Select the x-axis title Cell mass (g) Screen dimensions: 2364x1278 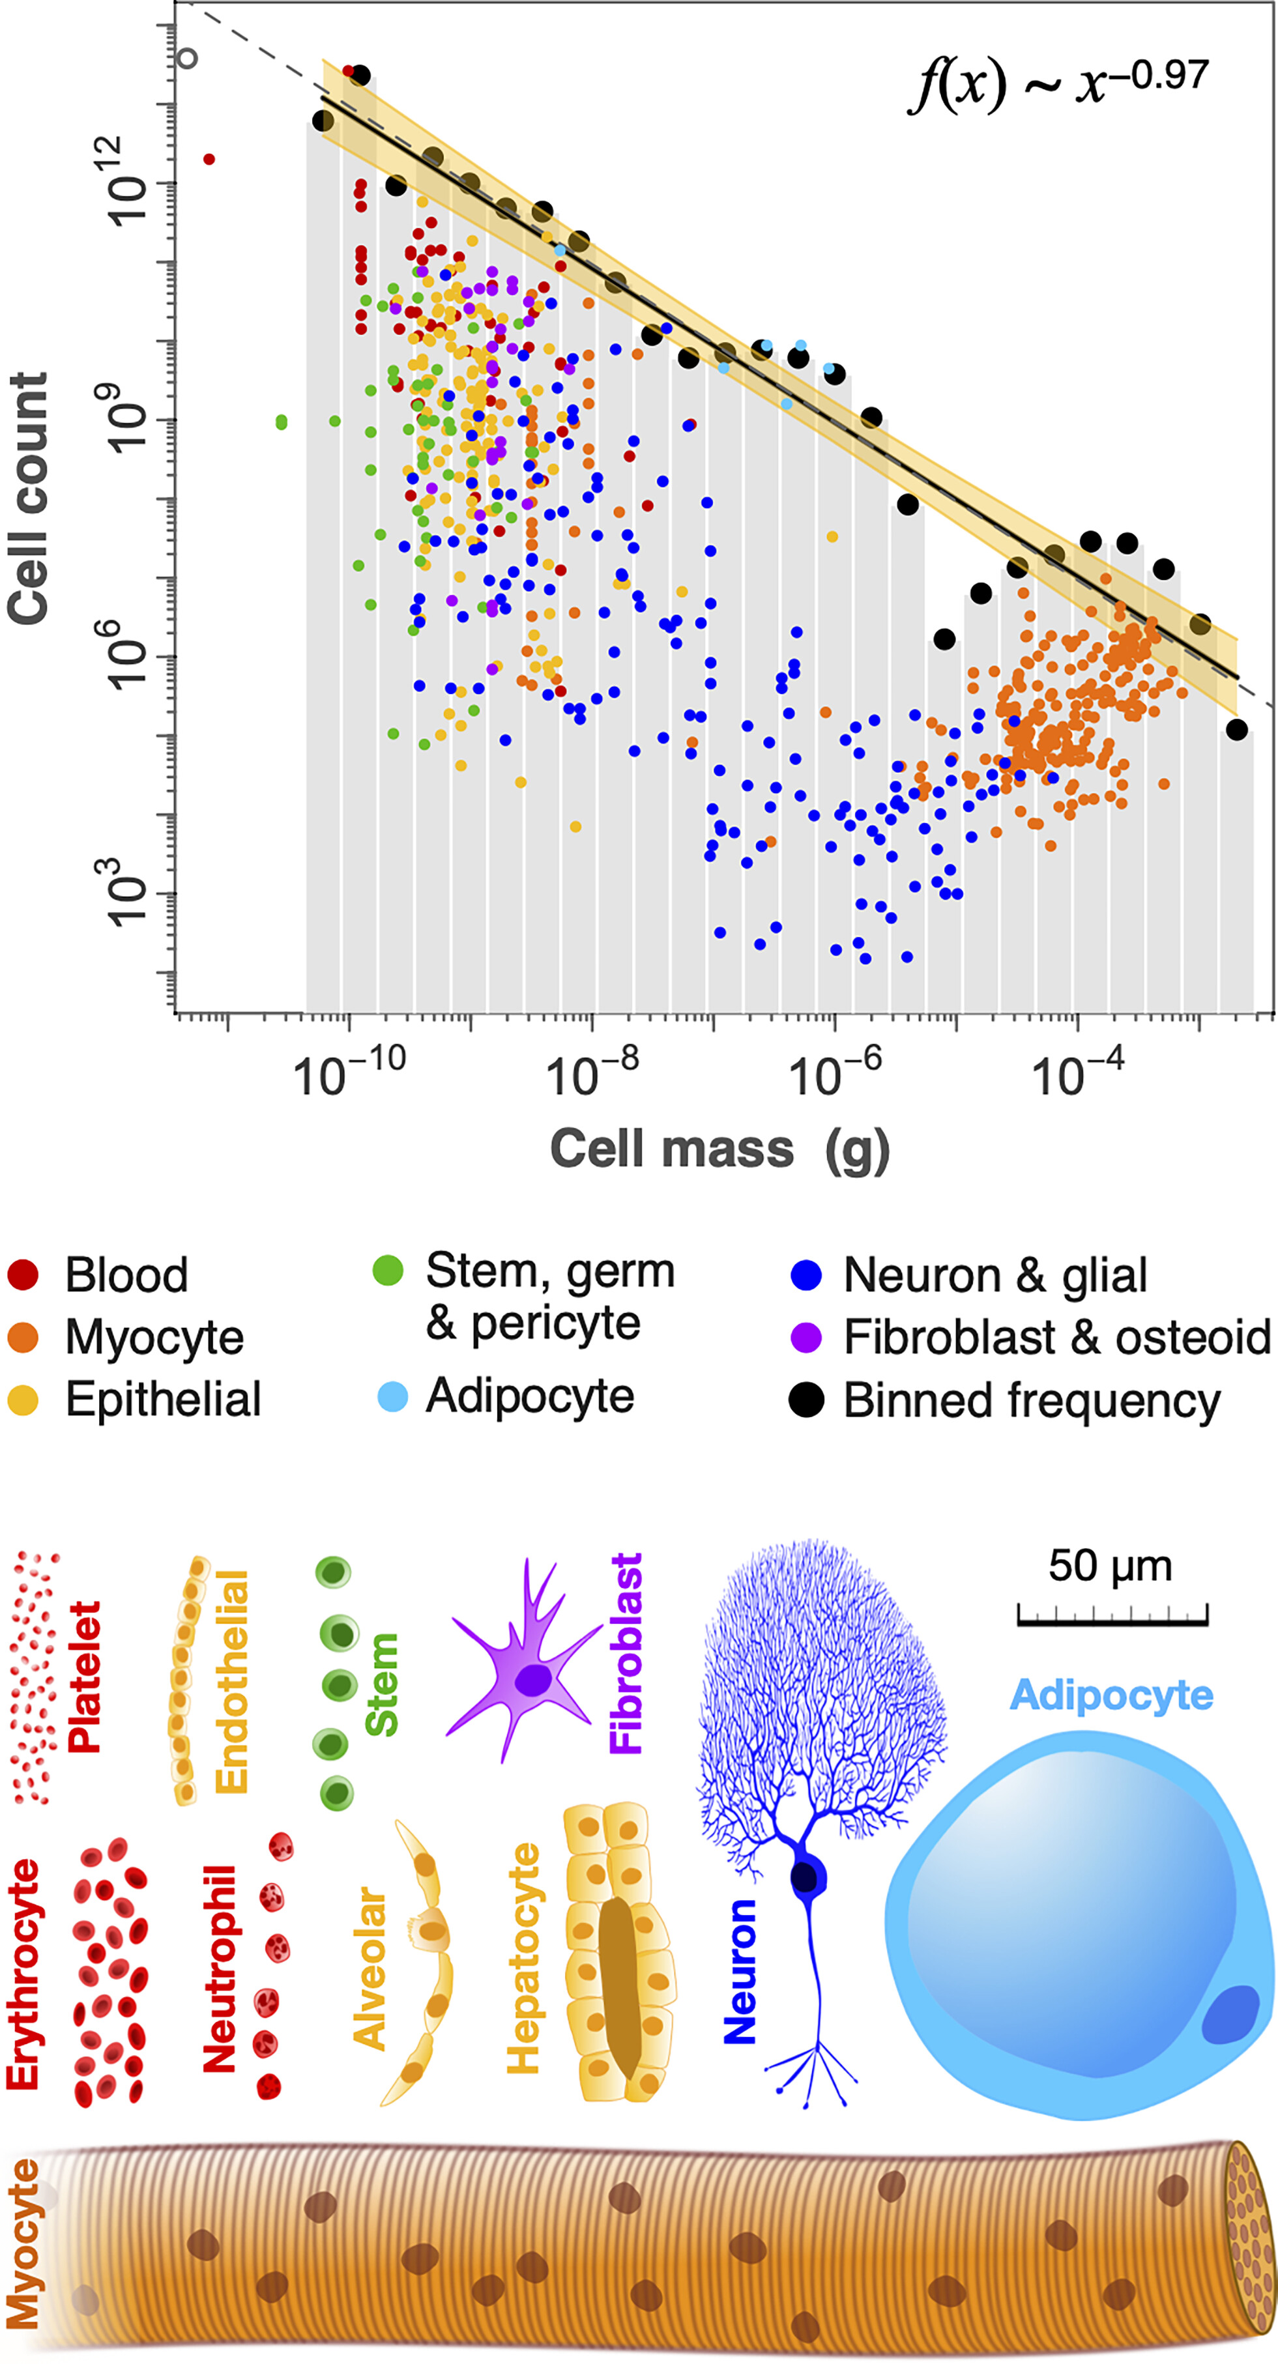pyautogui.click(x=719, y=1148)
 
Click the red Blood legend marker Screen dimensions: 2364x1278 pyautogui.click(x=23, y=1275)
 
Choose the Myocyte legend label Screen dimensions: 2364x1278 pyautogui.click(x=154, y=1337)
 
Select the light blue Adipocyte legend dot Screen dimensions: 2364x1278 pyautogui.click(x=392, y=1397)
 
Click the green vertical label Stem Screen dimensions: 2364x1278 pyautogui.click(x=381, y=1684)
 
